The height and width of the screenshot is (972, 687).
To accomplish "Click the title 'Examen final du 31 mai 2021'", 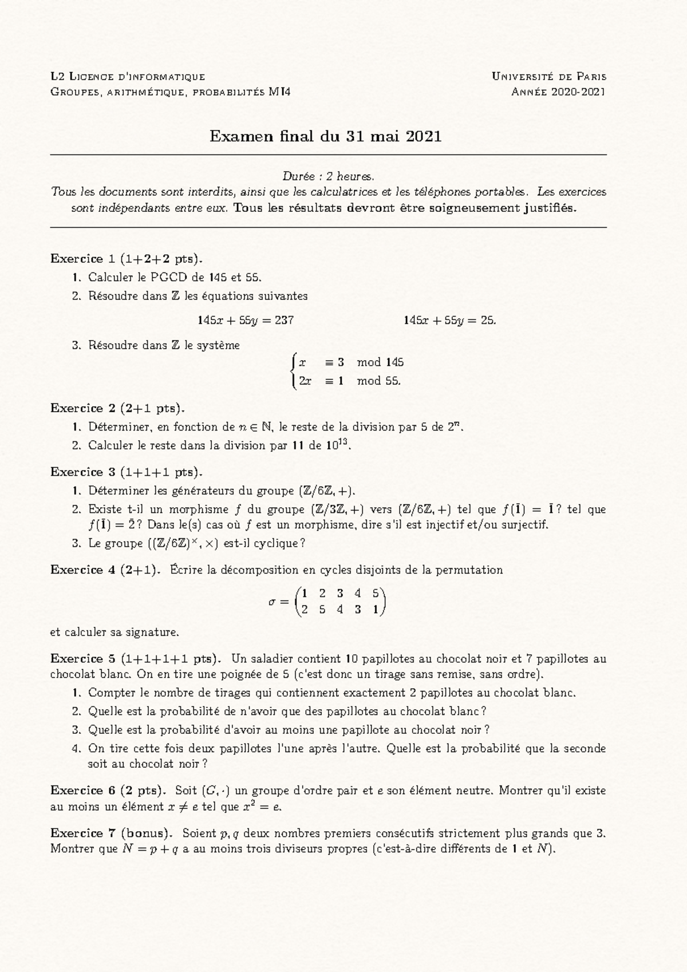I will point(325,136).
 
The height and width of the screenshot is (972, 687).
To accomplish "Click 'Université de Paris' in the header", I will point(548,76).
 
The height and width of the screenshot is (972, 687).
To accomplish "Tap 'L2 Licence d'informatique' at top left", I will point(127,76).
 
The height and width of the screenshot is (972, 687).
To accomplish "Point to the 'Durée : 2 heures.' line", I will point(328,176).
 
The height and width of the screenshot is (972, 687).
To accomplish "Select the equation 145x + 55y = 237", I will point(246,321).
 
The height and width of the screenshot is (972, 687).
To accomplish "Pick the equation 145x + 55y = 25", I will point(449,321).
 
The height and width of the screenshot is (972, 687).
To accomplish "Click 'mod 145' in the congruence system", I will point(380,362).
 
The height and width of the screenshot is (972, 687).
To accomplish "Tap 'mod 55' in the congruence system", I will point(378,381).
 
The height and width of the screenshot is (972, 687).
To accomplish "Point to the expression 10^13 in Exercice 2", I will point(336,445).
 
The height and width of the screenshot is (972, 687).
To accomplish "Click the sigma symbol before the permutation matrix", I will point(272,602).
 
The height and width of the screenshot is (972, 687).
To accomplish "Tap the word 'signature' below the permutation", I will point(155,633).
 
